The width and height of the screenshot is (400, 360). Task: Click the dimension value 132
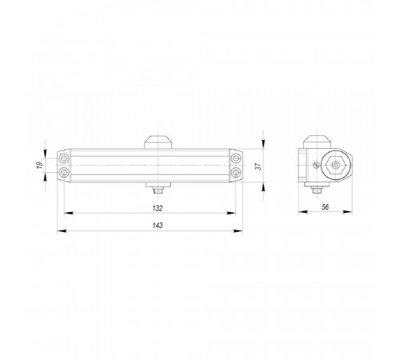pos(158,208)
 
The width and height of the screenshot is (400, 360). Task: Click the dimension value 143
pos(158,226)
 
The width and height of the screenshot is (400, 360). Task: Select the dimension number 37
pos(258,166)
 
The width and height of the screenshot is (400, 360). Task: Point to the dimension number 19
pos(40,165)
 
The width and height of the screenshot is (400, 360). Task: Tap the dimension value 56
pos(325,207)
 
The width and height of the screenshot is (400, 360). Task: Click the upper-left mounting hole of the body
pos(64,158)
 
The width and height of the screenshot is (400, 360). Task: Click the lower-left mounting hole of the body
pos(64,172)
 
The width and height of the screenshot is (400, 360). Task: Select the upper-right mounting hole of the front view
pos(236,158)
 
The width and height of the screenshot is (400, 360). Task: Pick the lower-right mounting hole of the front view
pos(236,172)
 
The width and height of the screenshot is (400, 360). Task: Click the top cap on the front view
pos(158,142)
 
